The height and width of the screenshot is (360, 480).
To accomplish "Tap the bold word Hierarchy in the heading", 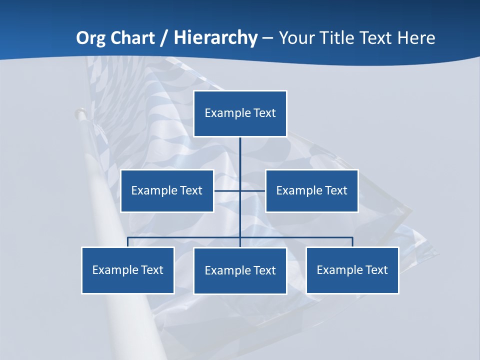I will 215,38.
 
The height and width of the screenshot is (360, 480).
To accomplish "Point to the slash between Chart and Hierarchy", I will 164,38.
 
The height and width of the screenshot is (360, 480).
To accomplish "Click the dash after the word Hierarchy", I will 267,38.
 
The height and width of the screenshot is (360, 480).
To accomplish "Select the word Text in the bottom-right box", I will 376,270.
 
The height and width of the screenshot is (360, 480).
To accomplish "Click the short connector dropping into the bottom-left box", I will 128,242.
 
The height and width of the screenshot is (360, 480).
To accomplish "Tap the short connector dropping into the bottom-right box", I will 352,242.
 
